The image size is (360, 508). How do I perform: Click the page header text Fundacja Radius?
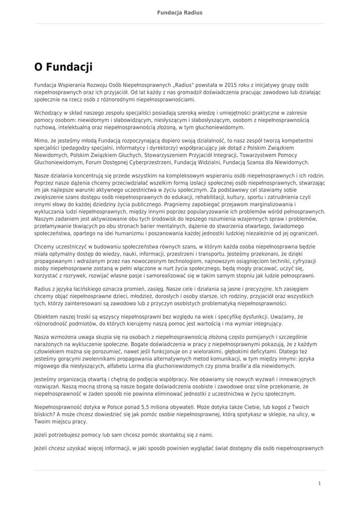click(x=180, y=12)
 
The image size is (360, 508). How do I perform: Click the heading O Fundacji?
click(x=63, y=66)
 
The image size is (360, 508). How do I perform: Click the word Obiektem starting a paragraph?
click(x=46, y=316)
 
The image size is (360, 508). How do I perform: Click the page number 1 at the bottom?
click(x=319, y=483)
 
